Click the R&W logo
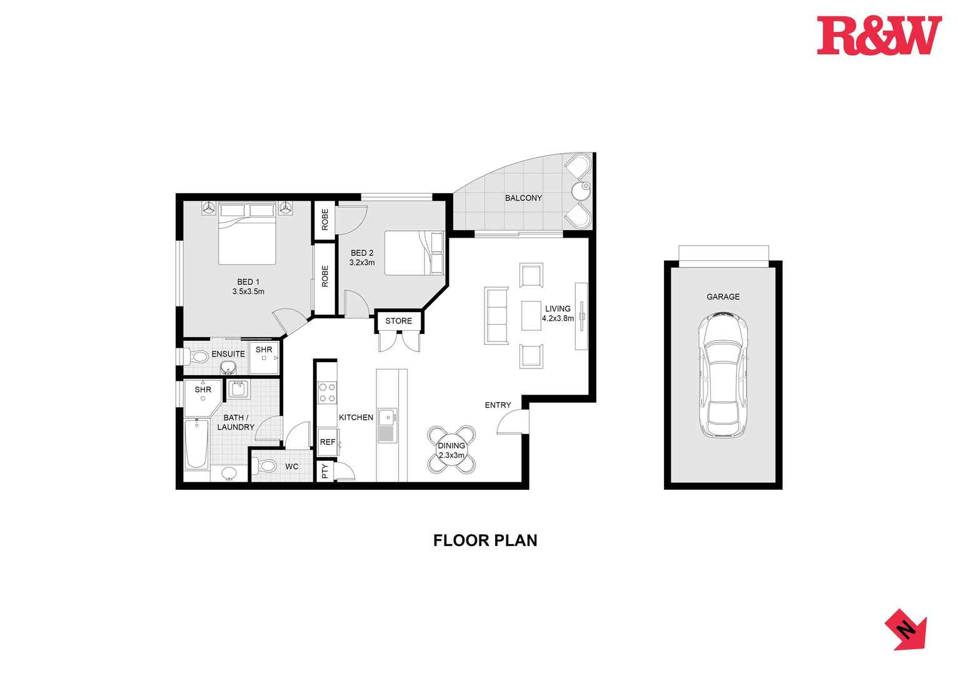click(x=878, y=36)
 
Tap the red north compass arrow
click(x=906, y=629)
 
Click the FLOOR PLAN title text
click(x=485, y=540)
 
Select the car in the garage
click(x=723, y=375)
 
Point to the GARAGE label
click(x=723, y=296)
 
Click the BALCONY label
click(x=523, y=198)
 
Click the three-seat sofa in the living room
click(x=497, y=315)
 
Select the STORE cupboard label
click(x=398, y=321)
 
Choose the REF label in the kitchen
click(x=327, y=442)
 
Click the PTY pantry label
click(x=324, y=471)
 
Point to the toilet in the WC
click(x=267, y=466)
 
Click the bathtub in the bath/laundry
click(x=197, y=444)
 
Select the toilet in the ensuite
click(x=198, y=357)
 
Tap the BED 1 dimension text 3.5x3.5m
click(x=248, y=291)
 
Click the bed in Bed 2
click(x=413, y=253)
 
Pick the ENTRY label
click(x=498, y=405)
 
